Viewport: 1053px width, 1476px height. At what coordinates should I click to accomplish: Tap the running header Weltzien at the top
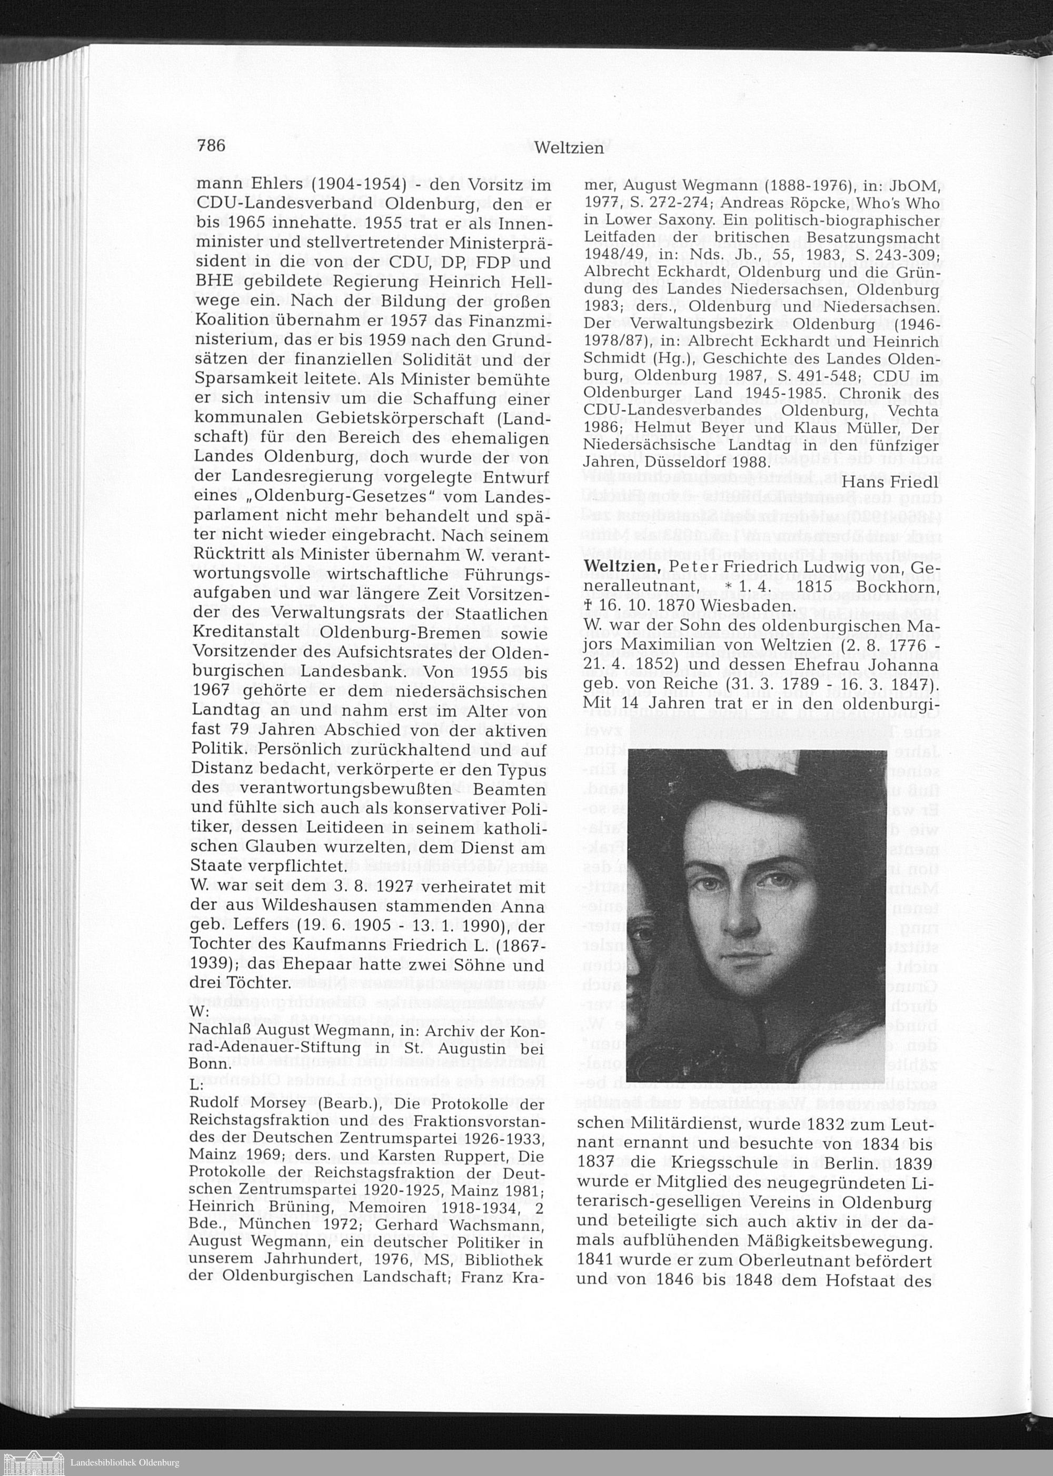(569, 148)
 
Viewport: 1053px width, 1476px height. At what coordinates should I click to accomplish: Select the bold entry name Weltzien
(622, 566)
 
